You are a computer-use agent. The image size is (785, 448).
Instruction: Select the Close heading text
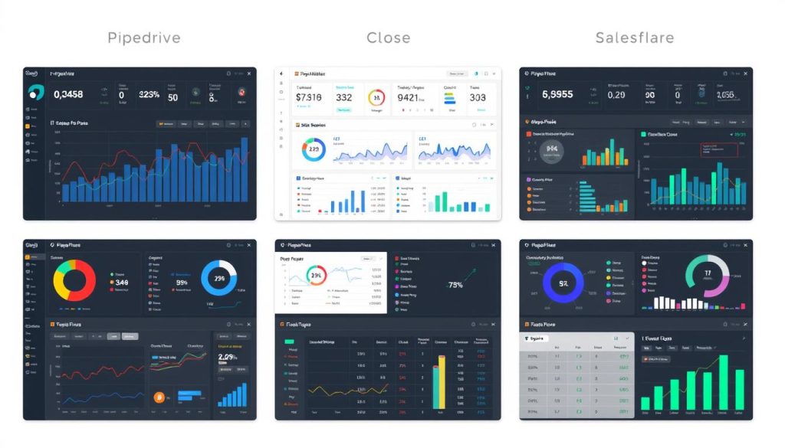tap(388, 38)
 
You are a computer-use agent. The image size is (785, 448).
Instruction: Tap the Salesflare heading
tap(636, 38)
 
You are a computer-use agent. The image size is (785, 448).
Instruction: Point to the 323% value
tap(149, 95)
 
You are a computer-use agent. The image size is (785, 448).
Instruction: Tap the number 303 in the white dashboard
tap(477, 97)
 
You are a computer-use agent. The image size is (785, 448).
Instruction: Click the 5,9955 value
tap(557, 95)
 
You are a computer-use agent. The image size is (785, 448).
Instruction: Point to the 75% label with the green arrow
tap(455, 285)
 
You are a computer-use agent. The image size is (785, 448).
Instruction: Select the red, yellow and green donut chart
tap(74, 279)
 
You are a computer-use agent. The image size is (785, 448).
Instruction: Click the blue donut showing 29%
tap(218, 279)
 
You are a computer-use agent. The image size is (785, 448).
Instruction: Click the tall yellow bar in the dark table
tap(438, 387)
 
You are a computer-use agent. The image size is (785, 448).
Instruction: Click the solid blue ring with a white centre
tap(563, 284)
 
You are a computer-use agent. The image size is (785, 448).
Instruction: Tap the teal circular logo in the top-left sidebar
tap(36, 93)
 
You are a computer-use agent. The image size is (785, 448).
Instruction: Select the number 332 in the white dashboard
tap(343, 97)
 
